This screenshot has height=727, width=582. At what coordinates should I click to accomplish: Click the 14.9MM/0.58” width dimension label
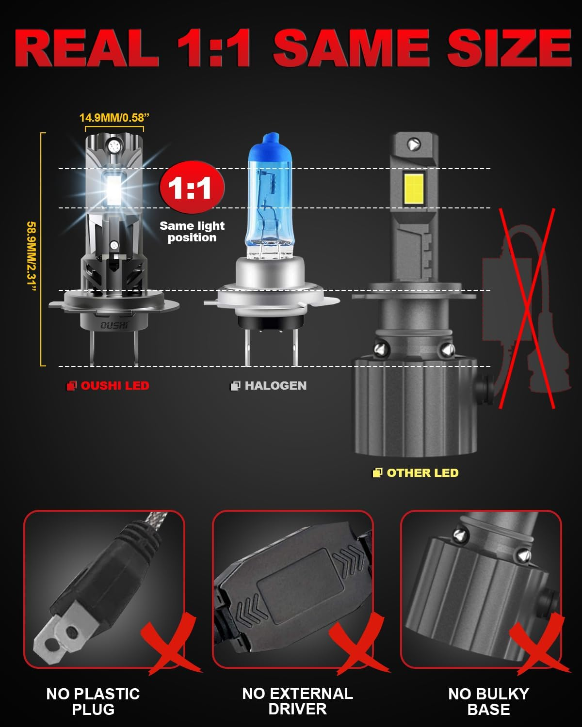(x=114, y=118)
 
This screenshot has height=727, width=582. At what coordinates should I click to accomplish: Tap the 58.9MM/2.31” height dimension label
(x=32, y=257)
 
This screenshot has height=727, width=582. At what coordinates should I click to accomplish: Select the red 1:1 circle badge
(x=192, y=187)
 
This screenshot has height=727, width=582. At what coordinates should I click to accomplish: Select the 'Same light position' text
(x=192, y=232)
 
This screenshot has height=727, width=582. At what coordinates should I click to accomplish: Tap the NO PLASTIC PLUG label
(x=93, y=701)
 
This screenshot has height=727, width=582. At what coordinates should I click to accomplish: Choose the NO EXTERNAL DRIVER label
(x=297, y=701)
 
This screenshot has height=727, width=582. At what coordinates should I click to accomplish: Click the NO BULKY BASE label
(x=488, y=701)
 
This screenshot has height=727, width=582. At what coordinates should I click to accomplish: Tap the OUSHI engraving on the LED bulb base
(x=114, y=326)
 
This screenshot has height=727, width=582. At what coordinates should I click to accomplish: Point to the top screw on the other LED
(x=413, y=144)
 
